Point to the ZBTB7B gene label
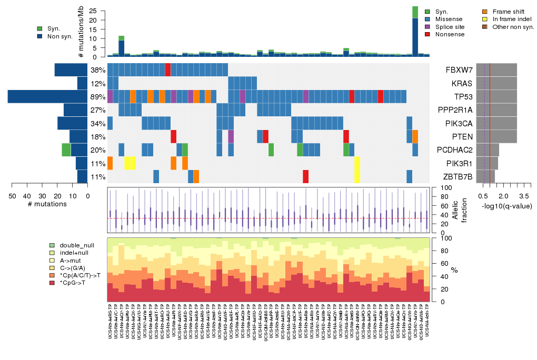pos(458,176)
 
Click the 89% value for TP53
pos(97,96)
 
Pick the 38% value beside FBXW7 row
pos(97,69)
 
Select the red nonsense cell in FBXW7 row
pos(168,69)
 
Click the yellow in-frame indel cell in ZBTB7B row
pos(357,176)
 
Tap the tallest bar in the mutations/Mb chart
pos(415,32)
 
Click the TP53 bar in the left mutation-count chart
pos(47,96)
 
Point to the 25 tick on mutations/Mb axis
pos(93,11)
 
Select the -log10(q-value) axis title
pos(506,206)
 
